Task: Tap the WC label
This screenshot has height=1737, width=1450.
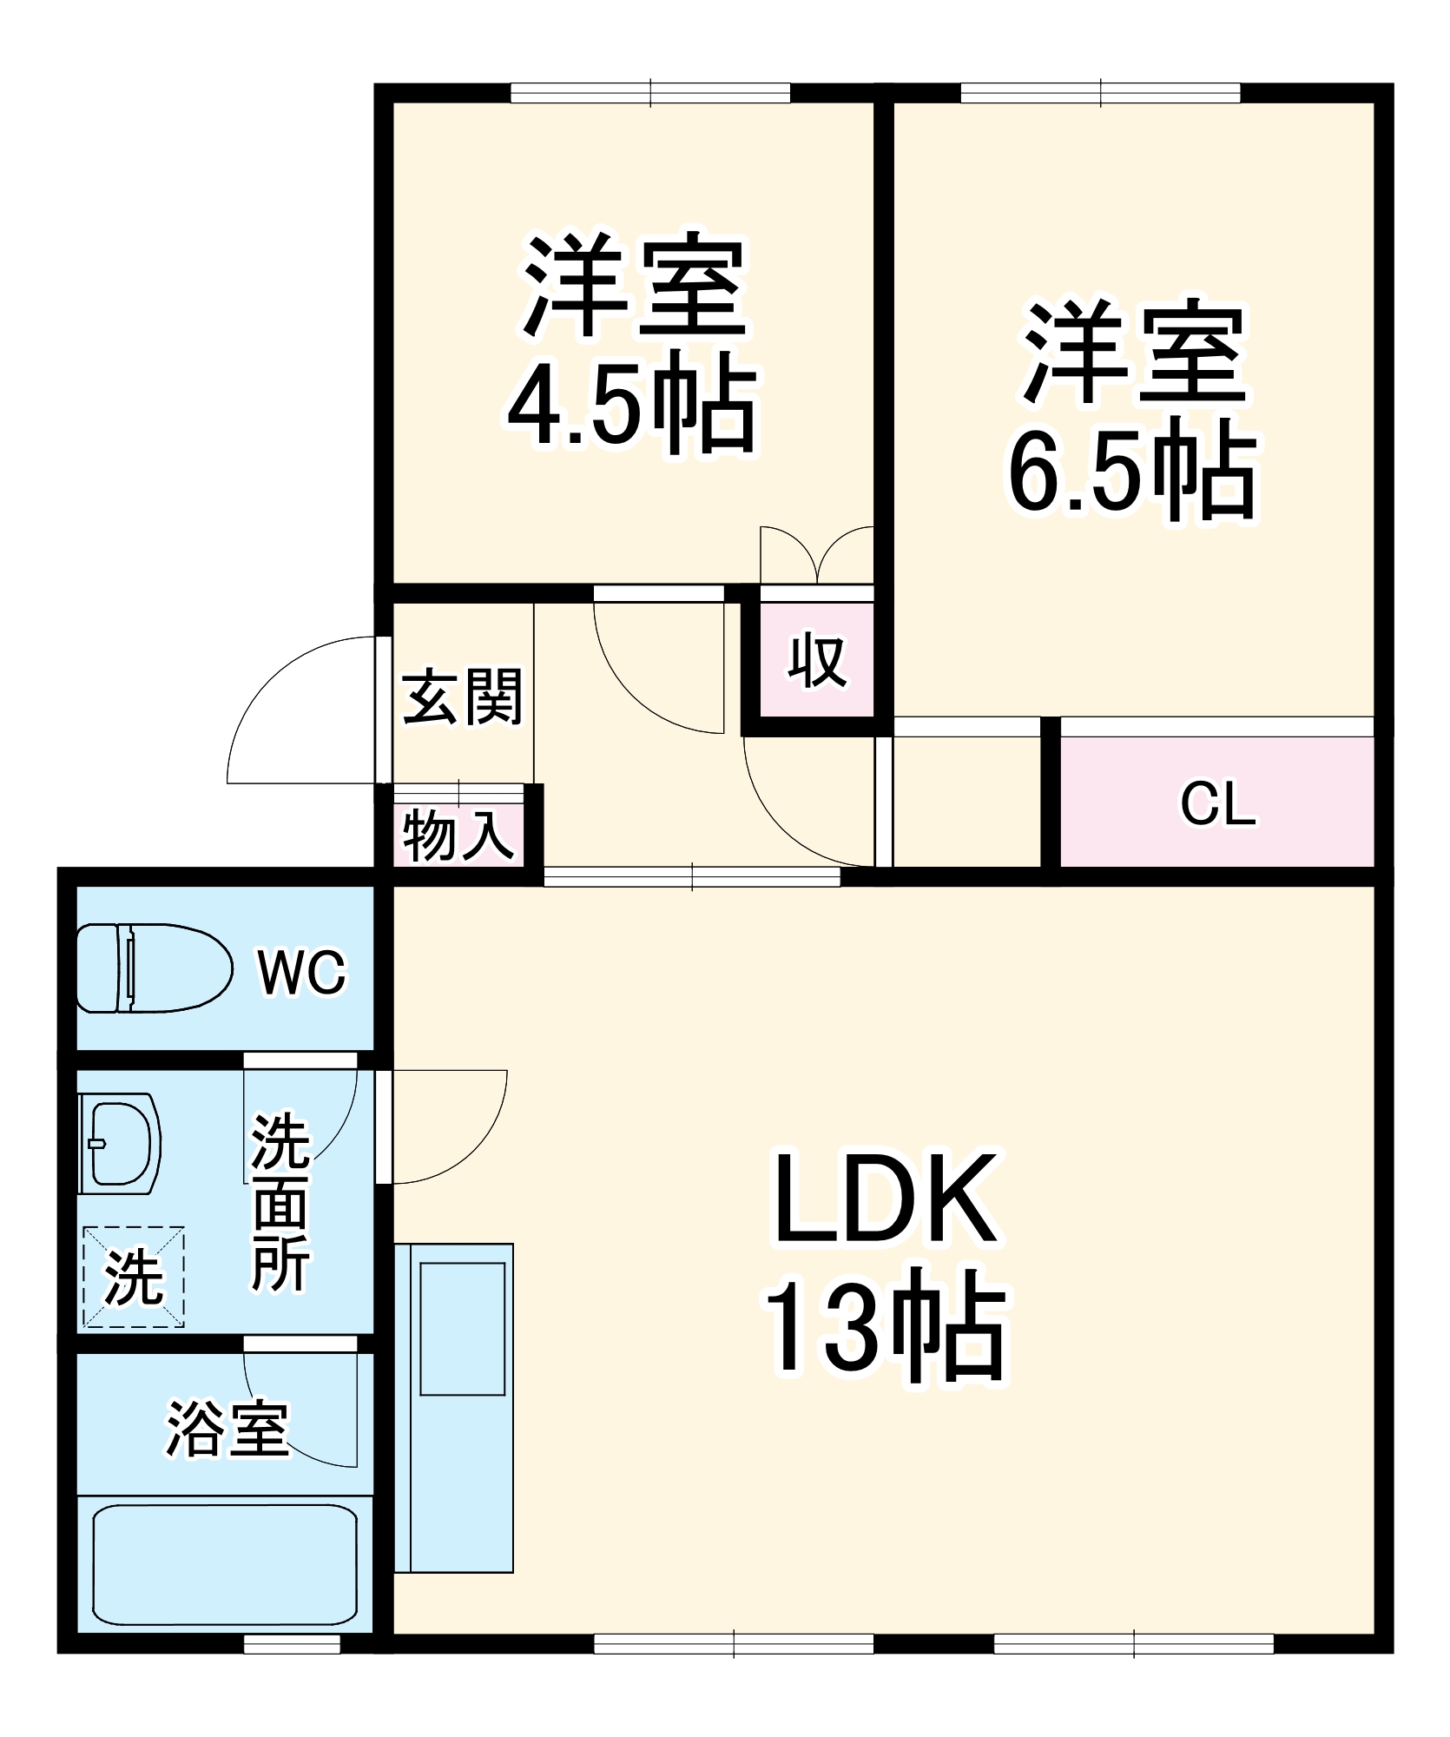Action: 301,972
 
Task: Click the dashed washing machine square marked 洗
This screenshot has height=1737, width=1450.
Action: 134,1276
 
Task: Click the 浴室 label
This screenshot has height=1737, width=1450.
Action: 227,1430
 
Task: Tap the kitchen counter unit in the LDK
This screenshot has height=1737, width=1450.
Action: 454,1408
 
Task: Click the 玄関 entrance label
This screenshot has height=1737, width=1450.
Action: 462,696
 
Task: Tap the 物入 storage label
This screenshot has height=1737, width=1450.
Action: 458,835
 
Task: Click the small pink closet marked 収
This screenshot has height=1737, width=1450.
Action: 817,661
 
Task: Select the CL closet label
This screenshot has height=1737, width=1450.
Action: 1217,804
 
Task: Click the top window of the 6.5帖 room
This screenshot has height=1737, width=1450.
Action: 1100,93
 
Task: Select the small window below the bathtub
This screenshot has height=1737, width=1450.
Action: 292,1643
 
